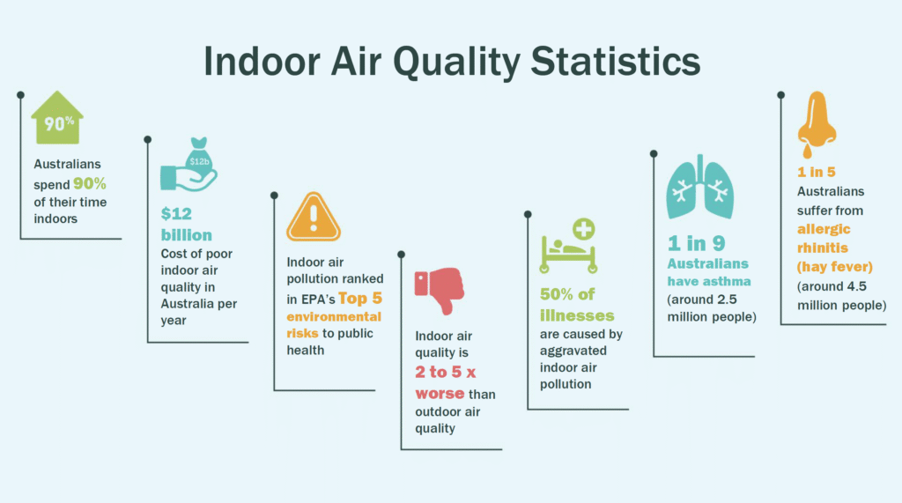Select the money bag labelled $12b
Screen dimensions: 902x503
pyautogui.click(x=199, y=157)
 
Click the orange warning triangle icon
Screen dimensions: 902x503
pyautogui.click(x=314, y=217)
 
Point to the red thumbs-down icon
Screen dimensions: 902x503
pyautogui.click(x=440, y=290)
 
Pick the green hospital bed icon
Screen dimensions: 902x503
pyautogui.click(x=568, y=253)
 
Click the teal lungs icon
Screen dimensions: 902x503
pyautogui.click(x=699, y=187)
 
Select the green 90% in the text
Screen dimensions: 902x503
pyautogui.click(x=90, y=183)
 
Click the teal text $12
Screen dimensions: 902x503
pyautogui.click(x=176, y=213)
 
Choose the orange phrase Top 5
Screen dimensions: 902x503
pyautogui.click(x=360, y=298)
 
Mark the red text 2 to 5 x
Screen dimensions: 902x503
pyautogui.click(x=445, y=372)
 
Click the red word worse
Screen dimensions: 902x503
pyautogui.click(x=440, y=394)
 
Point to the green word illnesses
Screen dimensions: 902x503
pyautogui.click(x=577, y=315)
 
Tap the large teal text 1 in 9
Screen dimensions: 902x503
pyautogui.click(x=696, y=243)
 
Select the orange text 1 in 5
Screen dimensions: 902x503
pyautogui.click(x=817, y=172)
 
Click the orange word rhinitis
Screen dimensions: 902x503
pyautogui.click(x=823, y=248)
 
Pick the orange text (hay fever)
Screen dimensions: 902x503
pyautogui.click(x=835, y=267)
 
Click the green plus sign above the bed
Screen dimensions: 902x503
pyautogui.click(x=583, y=229)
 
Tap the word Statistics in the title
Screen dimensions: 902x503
pyautogui.click(x=616, y=61)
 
